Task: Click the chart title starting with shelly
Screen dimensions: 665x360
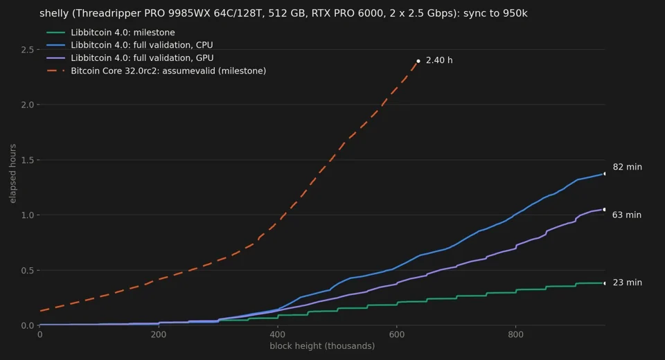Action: pyautogui.click(x=283, y=13)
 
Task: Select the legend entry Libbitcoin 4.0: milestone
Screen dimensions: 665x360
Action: pyautogui.click(x=110, y=33)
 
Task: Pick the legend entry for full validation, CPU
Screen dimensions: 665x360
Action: pyautogui.click(x=130, y=45)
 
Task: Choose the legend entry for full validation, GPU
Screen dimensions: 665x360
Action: pyautogui.click(x=130, y=57)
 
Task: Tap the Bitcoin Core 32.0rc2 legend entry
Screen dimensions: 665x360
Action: pyautogui.click(x=156, y=71)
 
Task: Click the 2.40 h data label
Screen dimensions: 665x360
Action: pyautogui.click(x=439, y=60)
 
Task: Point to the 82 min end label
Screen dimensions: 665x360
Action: pyautogui.click(x=628, y=167)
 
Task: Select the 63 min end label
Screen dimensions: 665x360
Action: pyautogui.click(x=627, y=215)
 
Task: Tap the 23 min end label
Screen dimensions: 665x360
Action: pyautogui.click(x=628, y=282)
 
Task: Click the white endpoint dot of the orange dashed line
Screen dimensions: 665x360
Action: pyautogui.click(x=418, y=61)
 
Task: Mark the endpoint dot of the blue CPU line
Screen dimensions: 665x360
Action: pyautogui.click(x=604, y=174)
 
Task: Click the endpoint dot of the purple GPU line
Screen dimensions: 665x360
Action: pyautogui.click(x=604, y=210)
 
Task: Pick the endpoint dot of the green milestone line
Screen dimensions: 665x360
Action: pyautogui.click(x=604, y=283)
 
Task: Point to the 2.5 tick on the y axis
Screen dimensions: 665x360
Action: pyautogui.click(x=28, y=50)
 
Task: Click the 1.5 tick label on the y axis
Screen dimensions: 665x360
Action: pyautogui.click(x=28, y=160)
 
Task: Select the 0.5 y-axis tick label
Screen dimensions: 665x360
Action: pyautogui.click(x=28, y=271)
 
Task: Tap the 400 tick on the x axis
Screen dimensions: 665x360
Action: pyautogui.click(x=278, y=334)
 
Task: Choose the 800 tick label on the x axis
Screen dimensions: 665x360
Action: pyautogui.click(x=515, y=334)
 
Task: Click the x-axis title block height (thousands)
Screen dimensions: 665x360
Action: pyautogui.click(x=322, y=346)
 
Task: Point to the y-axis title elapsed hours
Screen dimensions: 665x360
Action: pyautogui.click(x=12, y=174)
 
